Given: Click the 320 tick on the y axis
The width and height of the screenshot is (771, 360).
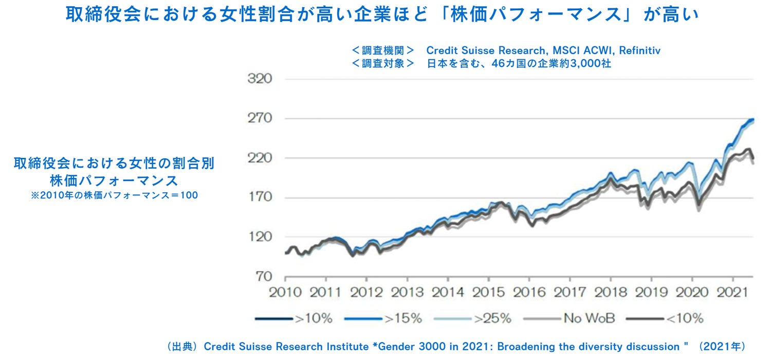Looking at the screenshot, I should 261,79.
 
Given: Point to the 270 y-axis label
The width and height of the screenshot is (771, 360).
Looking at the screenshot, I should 261,119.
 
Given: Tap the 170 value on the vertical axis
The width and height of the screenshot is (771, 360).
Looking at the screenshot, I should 261,197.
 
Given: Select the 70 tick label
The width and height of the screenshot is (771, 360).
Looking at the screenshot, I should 264,277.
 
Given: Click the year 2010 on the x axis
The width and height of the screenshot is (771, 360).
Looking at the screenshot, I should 286,292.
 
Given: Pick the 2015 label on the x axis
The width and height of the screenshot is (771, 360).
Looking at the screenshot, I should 488,292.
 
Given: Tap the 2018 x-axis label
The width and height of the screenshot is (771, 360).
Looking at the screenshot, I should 610,292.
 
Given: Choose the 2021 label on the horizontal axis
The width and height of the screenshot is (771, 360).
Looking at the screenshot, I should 732,292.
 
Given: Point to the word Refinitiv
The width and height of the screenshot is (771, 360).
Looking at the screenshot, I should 639,50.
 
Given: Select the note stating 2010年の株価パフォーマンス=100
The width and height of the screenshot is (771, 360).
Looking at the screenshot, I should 114,195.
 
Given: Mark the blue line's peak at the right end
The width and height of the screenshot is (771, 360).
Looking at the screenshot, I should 752,119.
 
